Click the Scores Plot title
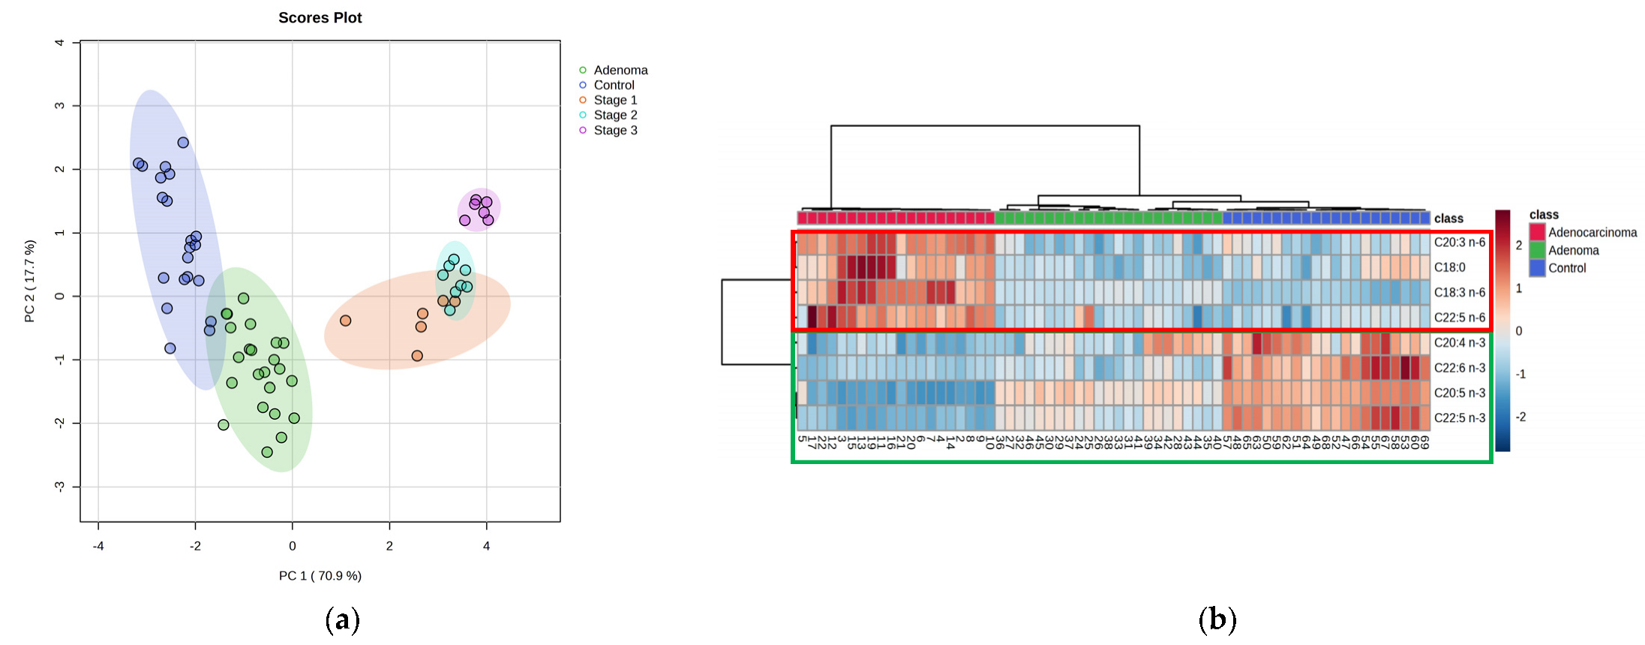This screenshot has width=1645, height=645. click(x=320, y=18)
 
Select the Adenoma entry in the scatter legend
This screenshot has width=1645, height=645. click(x=620, y=70)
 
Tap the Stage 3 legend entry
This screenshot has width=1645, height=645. click(x=615, y=130)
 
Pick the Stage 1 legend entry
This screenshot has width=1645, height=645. click(x=615, y=100)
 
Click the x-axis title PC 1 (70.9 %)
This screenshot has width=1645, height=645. click(x=320, y=576)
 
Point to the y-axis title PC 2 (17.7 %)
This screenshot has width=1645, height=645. click(x=30, y=281)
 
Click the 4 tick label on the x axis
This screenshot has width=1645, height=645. click(x=486, y=546)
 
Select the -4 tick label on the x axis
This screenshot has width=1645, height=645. click(x=98, y=546)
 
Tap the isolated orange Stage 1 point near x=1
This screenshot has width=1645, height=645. click(x=345, y=321)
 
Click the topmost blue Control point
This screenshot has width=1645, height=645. click(x=183, y=143)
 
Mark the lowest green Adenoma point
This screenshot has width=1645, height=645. click(x=267, y=452)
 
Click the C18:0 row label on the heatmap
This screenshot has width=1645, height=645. click(x=1449, y=267)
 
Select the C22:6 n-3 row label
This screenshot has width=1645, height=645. click(x=1459, y=368)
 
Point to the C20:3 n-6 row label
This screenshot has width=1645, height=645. click(x=1459, y=243)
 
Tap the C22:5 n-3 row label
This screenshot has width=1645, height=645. click(x=1459, y=418)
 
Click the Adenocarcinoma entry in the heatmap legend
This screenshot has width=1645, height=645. click(x=1592, y=233)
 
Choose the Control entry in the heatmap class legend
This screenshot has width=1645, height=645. click(x=1567, y=268)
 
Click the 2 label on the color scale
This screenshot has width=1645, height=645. click(x=1519, y=246)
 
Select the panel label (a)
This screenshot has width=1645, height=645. click(x=343, y=620)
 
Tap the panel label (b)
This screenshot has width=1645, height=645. click(x=1217, y=620)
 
